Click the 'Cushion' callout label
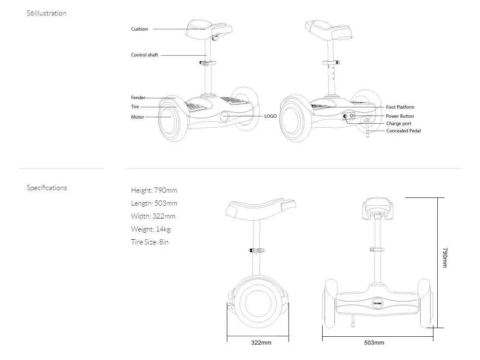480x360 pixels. (139, 29)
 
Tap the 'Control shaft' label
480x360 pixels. (144, 55)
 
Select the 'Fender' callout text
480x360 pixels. (138, 98)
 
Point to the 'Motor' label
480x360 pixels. (138, 117)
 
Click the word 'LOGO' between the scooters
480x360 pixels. (270, 116)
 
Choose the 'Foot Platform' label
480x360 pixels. (400, 107)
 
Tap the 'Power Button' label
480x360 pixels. (400, 116)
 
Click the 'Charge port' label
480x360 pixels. (398, 124)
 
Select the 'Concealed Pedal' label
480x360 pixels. (404, 131)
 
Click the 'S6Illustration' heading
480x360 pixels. (47, 13)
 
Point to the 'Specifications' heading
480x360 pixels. (47, 188)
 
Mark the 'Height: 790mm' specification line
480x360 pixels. (154, 191)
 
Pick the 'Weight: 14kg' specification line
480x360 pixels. (151, 229)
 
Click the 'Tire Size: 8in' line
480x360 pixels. (150, 242)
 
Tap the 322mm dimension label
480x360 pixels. (261, 343)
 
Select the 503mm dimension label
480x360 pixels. (374, 343)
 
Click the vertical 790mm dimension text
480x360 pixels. (445, 258)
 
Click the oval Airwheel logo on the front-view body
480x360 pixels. (377, 303)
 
